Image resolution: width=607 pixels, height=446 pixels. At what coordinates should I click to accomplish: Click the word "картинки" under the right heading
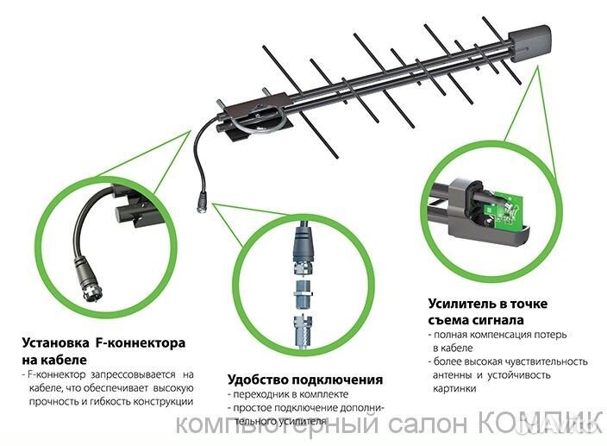(452, 388)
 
